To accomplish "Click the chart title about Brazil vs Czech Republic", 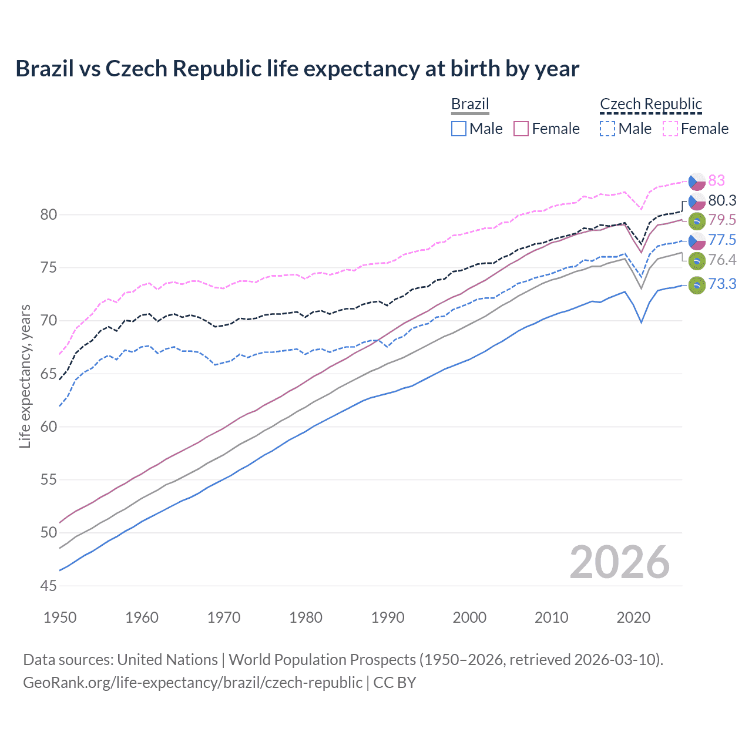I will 297,69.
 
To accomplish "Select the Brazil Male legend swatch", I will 459,129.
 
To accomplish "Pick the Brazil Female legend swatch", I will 522,129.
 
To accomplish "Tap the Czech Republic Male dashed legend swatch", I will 607,129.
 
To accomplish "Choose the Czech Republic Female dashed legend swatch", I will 670,129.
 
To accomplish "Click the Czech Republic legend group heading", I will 651,104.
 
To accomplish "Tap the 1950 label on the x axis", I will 60,617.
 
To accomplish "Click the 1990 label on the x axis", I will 388,617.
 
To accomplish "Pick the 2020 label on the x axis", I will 633,617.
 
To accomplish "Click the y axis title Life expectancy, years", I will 25,376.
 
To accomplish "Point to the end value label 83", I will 716,180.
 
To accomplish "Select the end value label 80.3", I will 722,200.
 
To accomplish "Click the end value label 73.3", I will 722,284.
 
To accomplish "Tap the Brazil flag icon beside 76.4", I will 697,260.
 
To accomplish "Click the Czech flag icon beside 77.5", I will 697,240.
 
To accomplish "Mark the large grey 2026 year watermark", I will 619,562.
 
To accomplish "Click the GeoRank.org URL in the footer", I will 193,683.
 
